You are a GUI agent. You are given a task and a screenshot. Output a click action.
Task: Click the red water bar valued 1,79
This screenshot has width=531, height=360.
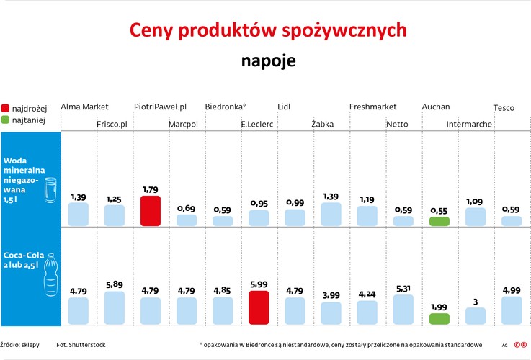[151, 211]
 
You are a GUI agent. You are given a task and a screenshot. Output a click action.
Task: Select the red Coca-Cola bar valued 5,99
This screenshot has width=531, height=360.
[259, 307]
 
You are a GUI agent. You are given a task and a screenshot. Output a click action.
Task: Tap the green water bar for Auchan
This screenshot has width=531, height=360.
[439, 222]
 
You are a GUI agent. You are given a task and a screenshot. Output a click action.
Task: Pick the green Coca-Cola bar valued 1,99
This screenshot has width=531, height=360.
[439, 318]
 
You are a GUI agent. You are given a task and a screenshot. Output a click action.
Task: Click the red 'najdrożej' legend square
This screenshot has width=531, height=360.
[6, 107]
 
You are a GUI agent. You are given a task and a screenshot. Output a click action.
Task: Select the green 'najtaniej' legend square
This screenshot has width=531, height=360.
[6, 120]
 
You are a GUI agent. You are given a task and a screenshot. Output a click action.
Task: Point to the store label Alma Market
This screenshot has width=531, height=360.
[84, 107]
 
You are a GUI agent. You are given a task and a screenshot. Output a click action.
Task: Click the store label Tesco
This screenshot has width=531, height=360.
[504, 108]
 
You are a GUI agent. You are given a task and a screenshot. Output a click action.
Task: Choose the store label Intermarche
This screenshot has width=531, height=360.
[469, 125]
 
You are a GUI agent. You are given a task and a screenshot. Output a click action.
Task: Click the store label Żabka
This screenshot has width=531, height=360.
[322, 125]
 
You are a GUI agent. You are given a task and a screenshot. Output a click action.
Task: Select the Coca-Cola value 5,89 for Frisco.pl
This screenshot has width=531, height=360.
[115, 284]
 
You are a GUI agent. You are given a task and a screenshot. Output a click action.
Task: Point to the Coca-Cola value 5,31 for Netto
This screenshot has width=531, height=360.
[403, 288]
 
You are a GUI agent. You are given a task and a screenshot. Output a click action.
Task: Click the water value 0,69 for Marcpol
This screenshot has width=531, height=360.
[187, 208]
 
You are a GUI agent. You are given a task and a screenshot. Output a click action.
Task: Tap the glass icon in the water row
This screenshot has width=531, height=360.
[50, 193]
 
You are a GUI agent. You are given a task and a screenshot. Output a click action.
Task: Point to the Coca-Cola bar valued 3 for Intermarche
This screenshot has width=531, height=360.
[475, 315]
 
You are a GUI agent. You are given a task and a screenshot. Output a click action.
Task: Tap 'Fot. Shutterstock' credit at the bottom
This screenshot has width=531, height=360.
[81, 345]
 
